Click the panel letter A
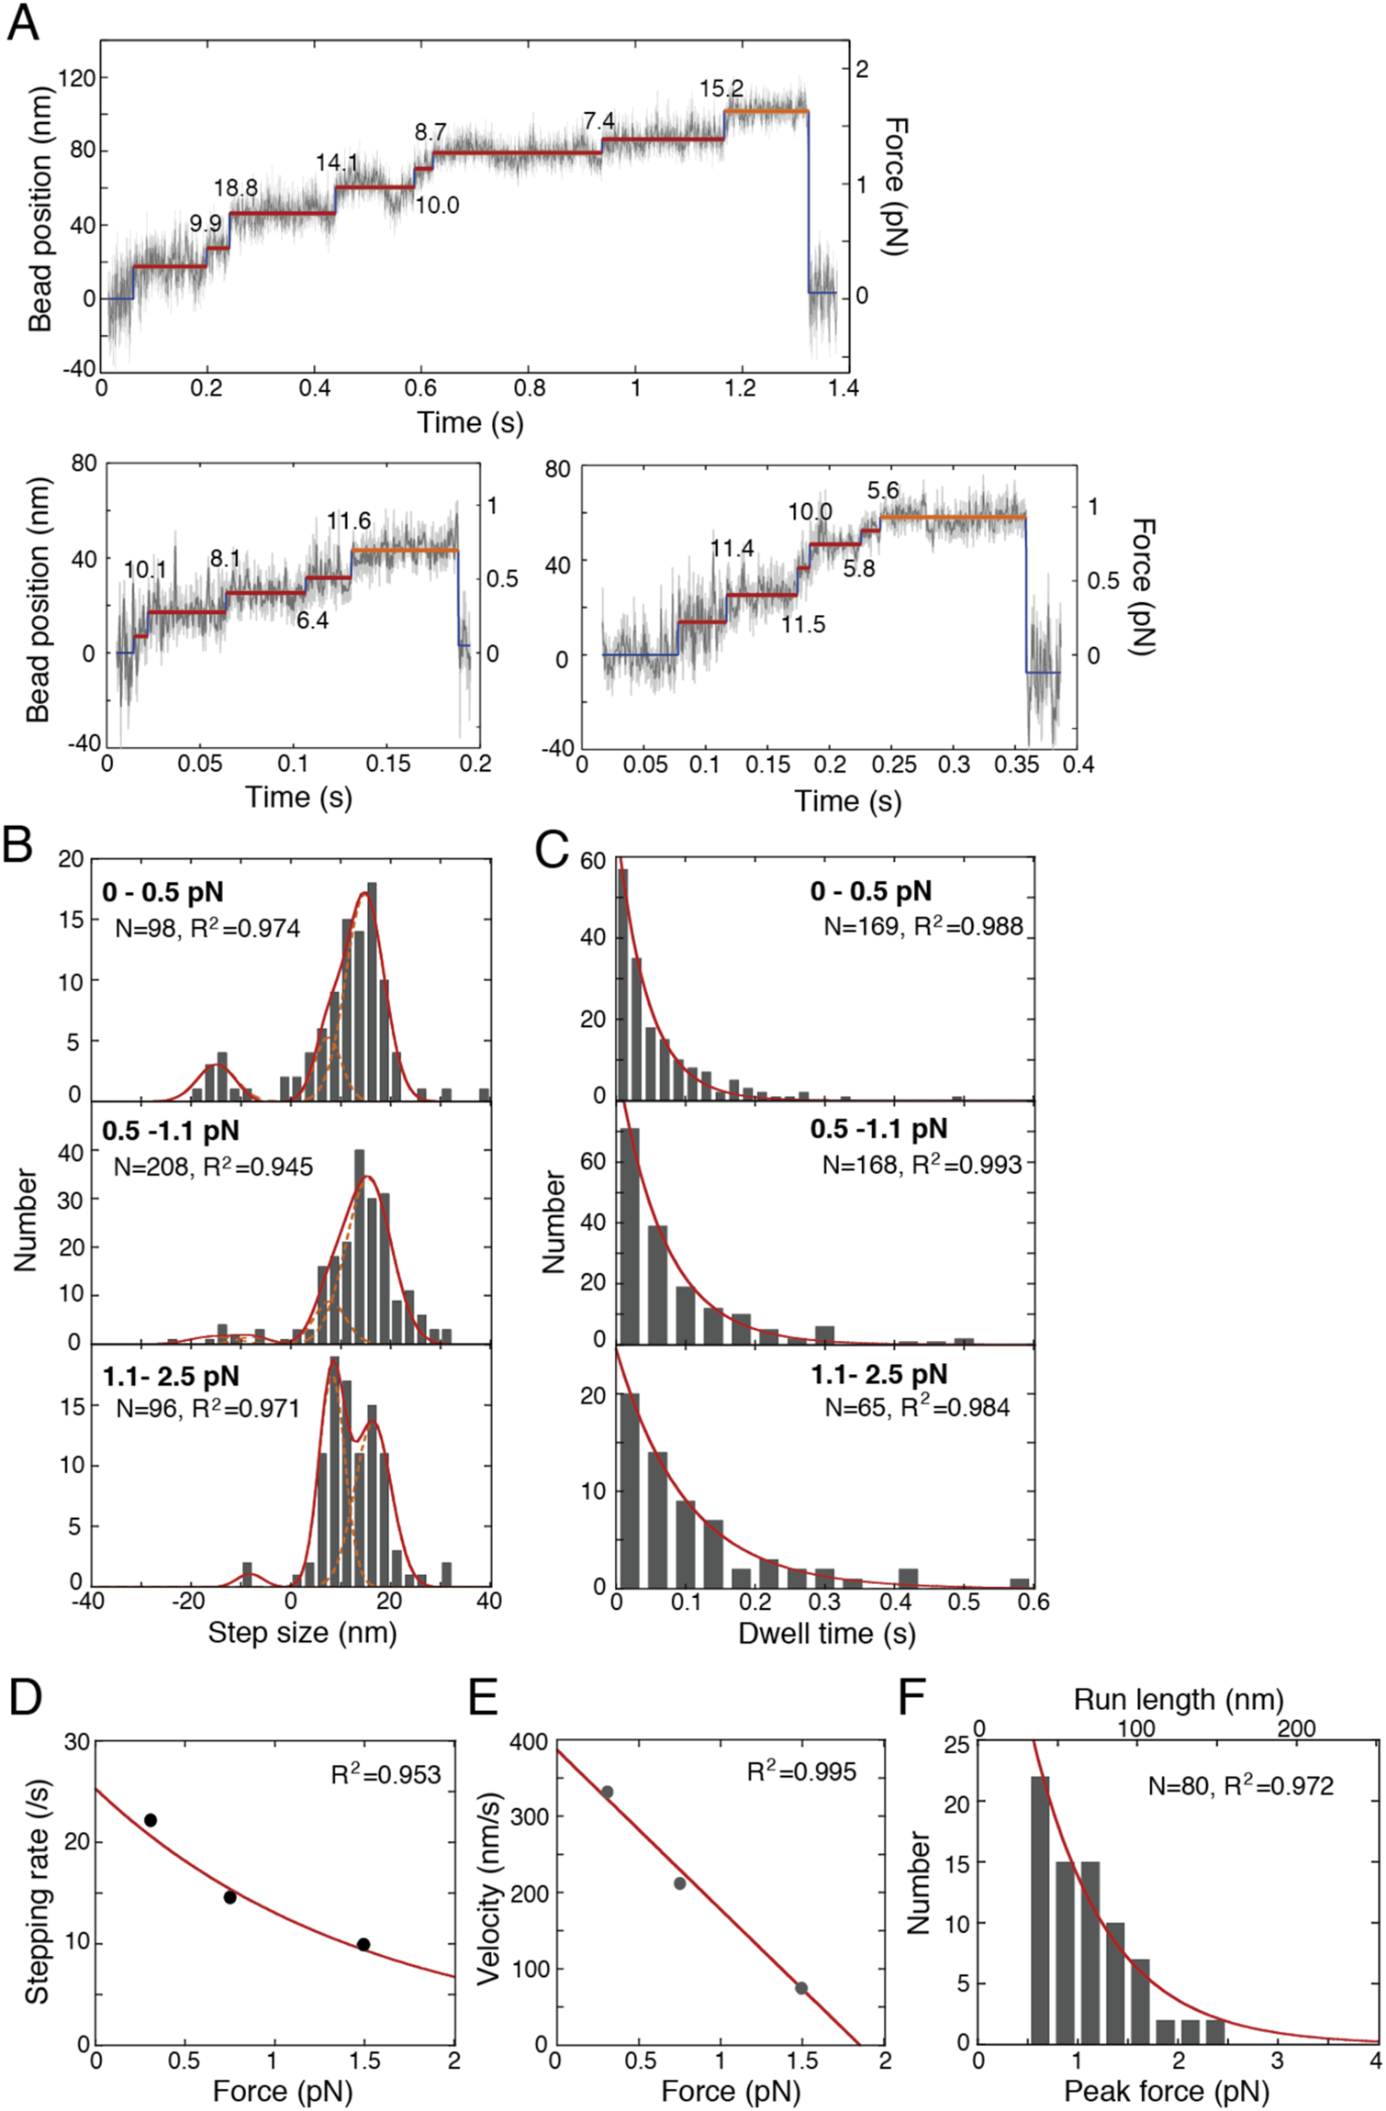(x=23, y=22)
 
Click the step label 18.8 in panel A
(x=236, y=188)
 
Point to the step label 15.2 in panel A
(x=721, y=89)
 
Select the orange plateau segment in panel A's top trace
(x=766, y=112)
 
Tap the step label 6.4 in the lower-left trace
(x=312, y=620)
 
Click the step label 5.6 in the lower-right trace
(x=883, y=491)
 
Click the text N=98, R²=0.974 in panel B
(x=207, y=929)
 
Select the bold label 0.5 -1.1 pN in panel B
(x=171, y=1131)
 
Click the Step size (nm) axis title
(x=302, y=1633)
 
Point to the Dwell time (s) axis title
(x=827, y=1633)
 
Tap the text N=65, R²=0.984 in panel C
(x=916, y=1408)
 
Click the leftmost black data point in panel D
(x=151, y=1820)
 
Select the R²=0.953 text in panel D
(x=386, y=1775)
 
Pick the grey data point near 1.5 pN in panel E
(x=800, y=1988)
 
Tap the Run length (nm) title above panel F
(x=1179, y=1700)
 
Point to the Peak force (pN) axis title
(x=1167, y=2091)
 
